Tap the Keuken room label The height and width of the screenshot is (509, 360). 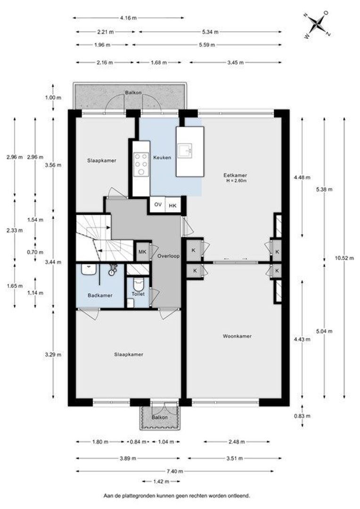[x=162, y=157]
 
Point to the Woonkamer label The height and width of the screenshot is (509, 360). [x=237, y=337]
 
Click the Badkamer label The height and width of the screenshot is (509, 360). [x=100, y=296]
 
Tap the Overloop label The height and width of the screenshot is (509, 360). [x=169, y=256]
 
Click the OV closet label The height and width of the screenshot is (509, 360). [x=158, y=205]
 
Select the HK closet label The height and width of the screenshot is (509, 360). [x=172, y=205]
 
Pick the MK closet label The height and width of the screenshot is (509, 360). [x=142, y=252]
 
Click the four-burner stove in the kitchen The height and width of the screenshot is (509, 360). [x=141, y=164]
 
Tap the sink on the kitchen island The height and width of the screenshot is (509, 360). [x=185, y=150]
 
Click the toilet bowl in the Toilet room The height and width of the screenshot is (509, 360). [x=138, y=285]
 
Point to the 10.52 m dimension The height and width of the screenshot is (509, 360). [x=344, y=258]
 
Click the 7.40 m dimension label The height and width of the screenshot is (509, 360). [x=175, y=471]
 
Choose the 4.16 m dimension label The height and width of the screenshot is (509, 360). [x=128, y=18]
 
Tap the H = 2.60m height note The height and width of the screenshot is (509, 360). [x=237, y=181]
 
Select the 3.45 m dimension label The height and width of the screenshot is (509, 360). [x=235, y=62]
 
